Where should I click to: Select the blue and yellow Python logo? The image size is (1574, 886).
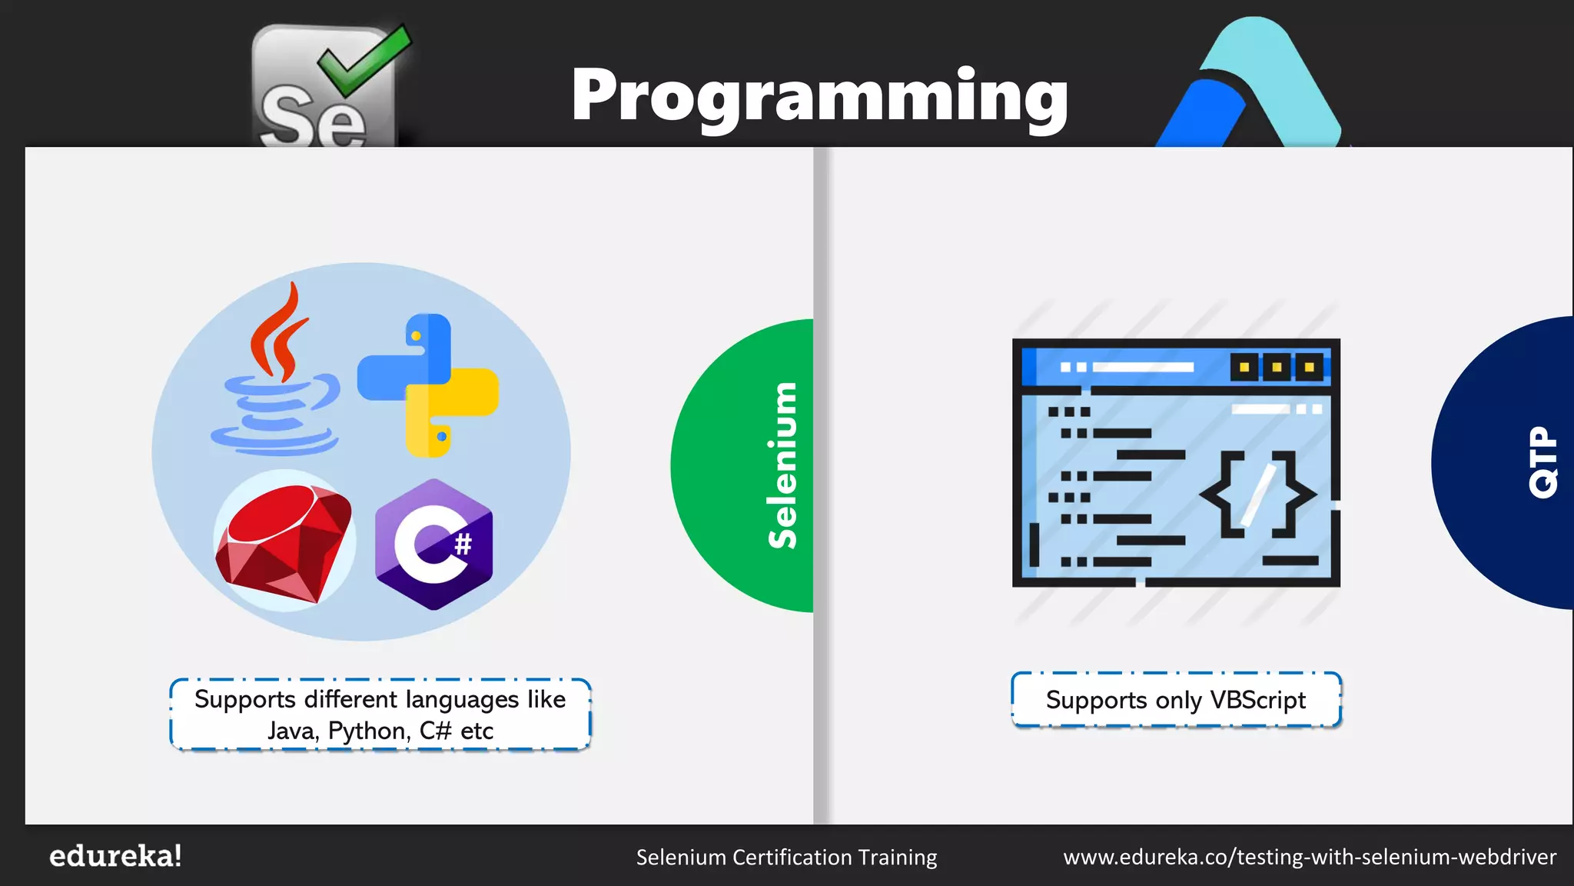tap(428, 385)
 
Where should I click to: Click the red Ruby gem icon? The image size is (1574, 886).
tap(284, 542)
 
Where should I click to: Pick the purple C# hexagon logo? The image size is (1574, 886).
tap(433, 545)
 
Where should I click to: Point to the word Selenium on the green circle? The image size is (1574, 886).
tap(782, 465)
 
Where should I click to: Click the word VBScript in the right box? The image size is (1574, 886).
tap(1257, 700)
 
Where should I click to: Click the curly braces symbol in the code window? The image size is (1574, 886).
tap(1257, 494)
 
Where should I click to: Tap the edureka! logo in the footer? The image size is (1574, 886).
tap(115, 856)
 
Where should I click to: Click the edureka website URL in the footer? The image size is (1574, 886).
tap(1310, 857)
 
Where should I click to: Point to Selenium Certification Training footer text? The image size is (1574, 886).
tap(786, 857)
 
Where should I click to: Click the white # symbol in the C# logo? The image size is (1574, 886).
tap(463, 545)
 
